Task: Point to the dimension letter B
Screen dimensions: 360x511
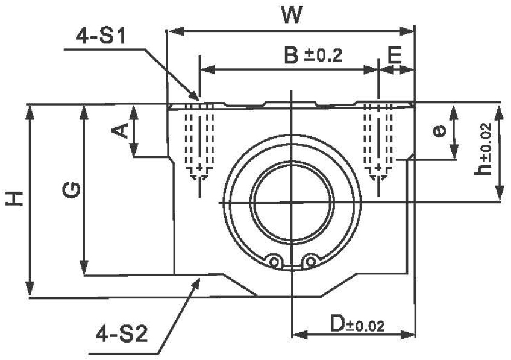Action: click(292, 55)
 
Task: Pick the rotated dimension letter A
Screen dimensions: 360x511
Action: click(121, 130)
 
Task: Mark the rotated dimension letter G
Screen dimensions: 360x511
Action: click(72, 191)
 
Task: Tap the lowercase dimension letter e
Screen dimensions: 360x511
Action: click(439, 131)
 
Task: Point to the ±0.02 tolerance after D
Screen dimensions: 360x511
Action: click(365, 327)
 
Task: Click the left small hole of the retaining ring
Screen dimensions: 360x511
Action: click(275, 261)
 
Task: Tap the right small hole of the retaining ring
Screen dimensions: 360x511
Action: click(310, 261)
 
